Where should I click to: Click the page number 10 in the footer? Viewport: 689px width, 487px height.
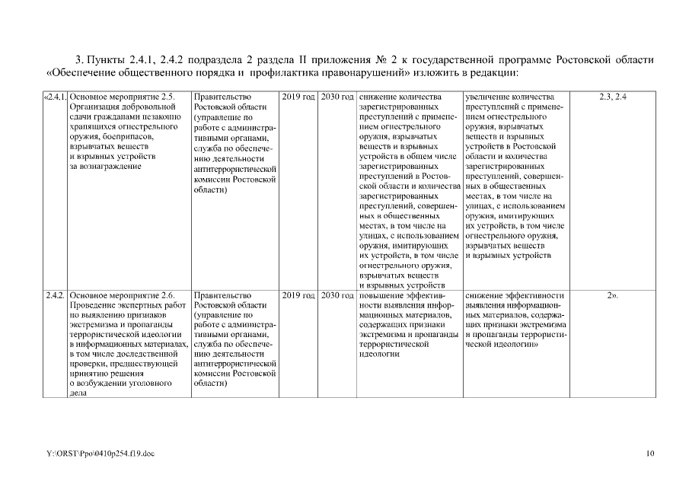(649, 454)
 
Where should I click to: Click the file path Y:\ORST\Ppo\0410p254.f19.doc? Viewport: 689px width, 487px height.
(100, 454)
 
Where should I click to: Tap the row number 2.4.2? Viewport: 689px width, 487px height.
(54, 294)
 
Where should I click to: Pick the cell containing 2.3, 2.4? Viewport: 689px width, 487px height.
(612, 97)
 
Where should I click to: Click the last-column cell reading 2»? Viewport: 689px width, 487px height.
(612, 294)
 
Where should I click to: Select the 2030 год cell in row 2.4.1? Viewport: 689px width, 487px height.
(337, 97)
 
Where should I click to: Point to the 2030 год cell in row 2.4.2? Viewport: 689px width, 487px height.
(337, 294)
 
